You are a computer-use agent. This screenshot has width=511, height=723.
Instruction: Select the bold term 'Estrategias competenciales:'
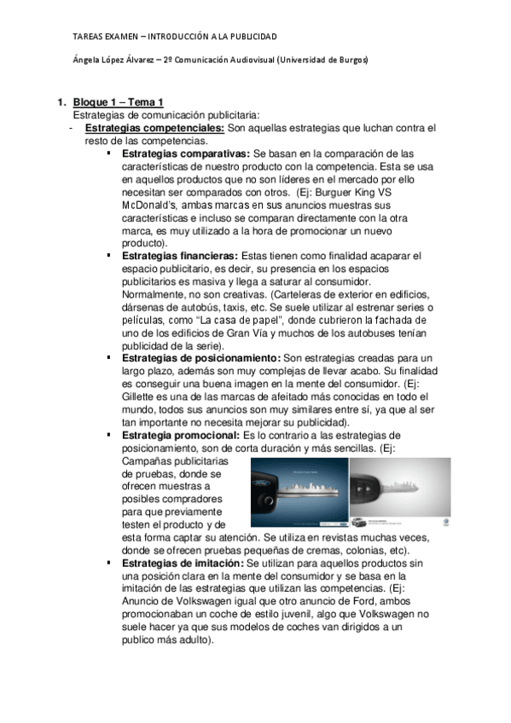click(x=154, y=128)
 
